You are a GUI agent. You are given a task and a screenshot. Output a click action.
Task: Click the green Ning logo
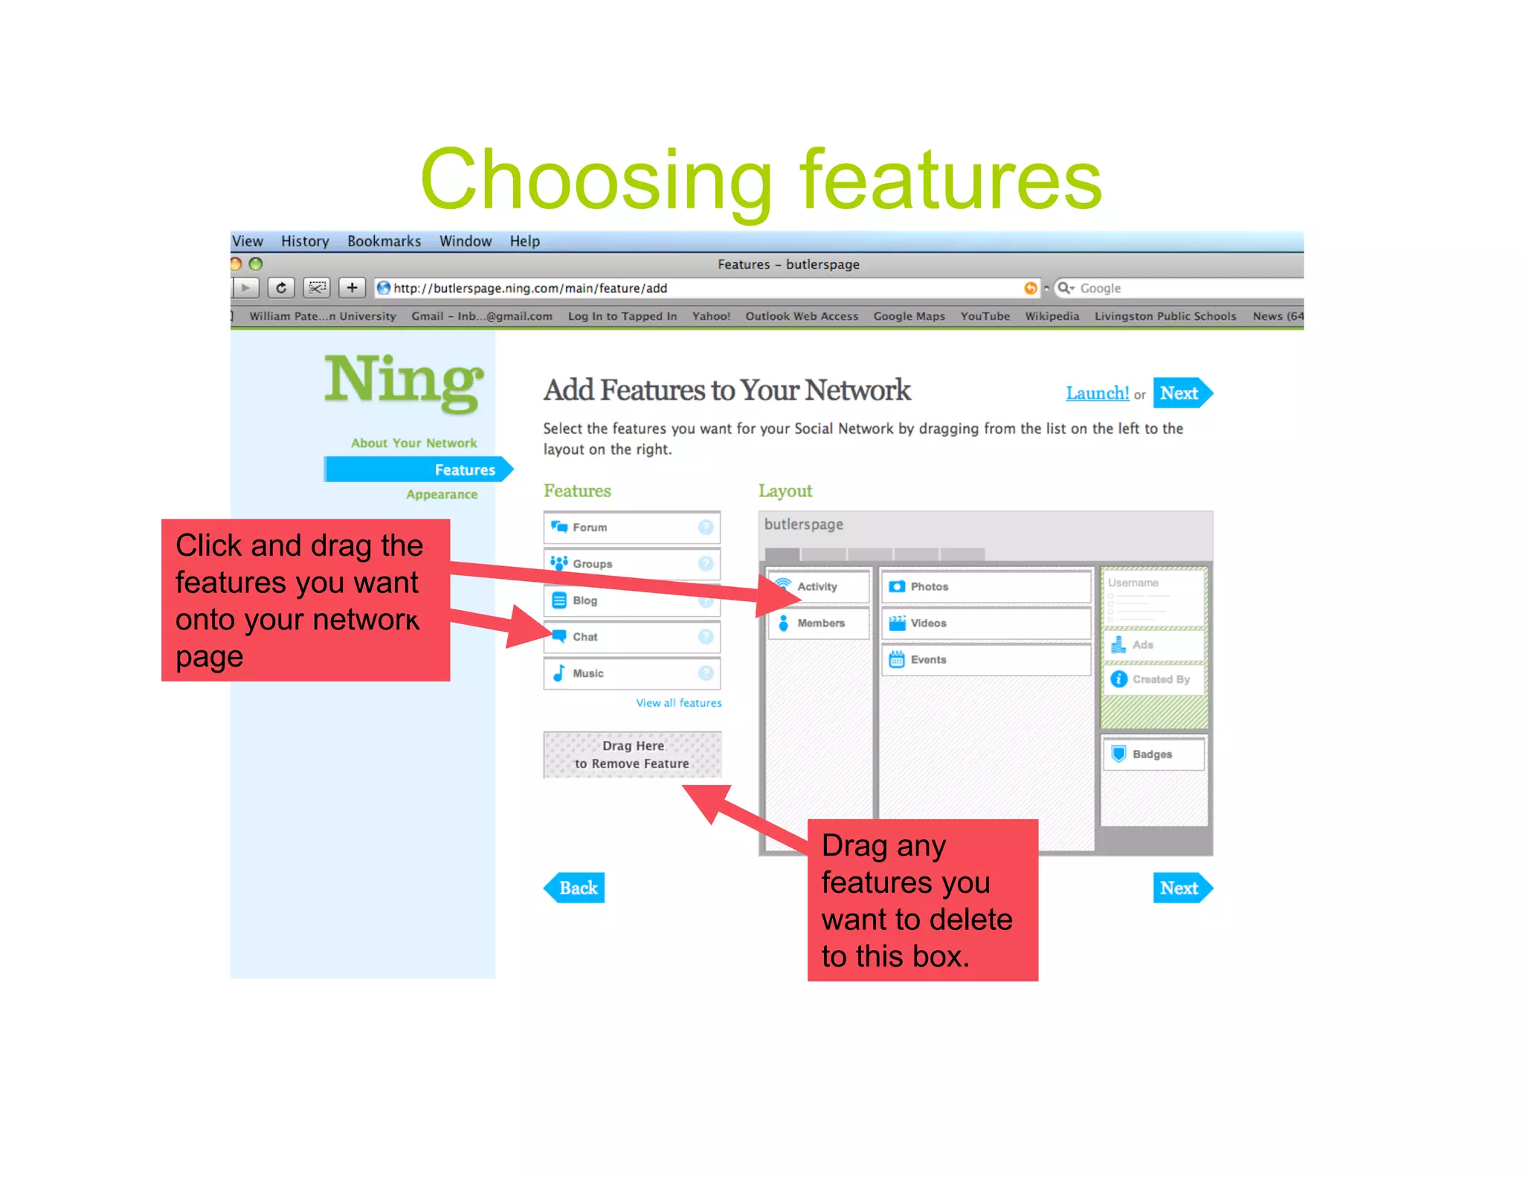(404, 382)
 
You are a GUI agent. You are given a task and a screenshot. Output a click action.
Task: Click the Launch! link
(1097, 393)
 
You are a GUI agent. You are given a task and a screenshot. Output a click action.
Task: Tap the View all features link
(678, 703)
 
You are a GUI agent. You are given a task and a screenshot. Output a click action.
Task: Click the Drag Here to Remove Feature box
(632, 754)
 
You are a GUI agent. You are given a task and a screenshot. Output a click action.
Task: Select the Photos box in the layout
(985, 586)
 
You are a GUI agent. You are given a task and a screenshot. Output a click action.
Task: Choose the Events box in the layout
(985, 660)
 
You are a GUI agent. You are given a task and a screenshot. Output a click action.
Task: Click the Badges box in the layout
(1153, 754)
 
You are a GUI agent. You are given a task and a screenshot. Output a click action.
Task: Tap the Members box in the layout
(819, 623)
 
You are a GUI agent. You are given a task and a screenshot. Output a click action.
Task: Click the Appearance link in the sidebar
(442, 495)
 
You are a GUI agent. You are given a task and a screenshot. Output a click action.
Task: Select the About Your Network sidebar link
(413, 443)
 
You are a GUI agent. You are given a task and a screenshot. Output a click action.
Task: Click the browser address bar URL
(529, 289)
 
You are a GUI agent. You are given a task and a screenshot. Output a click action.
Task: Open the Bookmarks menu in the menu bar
(384, 241)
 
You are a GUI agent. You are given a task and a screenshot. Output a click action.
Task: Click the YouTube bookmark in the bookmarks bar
(985, 316)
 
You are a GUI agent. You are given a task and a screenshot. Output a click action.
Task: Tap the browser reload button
(281, 288)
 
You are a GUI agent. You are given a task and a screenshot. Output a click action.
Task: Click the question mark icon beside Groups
(706, 564)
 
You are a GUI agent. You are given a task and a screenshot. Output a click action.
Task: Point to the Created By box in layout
(1153, 679)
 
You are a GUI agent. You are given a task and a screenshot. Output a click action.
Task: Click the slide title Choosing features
(760, 180)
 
